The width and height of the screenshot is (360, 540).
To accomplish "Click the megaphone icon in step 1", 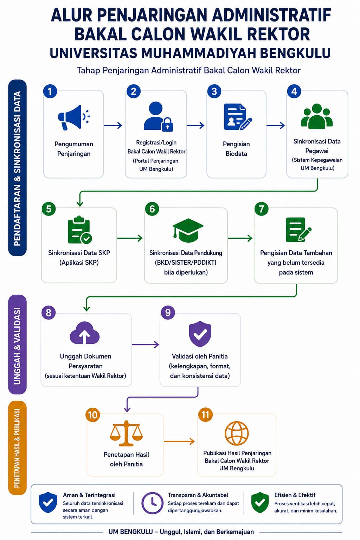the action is point(74,117).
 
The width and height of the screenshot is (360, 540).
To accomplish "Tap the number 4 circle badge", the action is point(294,91).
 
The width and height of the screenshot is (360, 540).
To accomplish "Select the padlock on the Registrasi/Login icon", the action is point(167,124).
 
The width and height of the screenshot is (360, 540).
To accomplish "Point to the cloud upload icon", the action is point(85,333).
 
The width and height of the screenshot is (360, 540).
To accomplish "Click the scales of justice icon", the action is point(126,433).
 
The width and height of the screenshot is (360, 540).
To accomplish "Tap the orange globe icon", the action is point(237,433).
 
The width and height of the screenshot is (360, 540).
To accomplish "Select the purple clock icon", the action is point(152,503).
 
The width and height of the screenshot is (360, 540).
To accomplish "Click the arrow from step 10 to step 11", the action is point(179,442).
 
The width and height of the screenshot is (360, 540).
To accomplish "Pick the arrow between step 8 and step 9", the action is point(146,345).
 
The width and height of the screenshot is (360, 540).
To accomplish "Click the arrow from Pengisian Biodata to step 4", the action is point(276,126).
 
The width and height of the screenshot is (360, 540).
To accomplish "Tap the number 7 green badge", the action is point(261,209).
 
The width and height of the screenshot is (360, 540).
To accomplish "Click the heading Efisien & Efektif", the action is point(295,495).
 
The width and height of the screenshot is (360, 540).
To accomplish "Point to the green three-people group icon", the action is point(317,116).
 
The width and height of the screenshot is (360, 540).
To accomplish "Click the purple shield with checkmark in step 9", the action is point(200,334).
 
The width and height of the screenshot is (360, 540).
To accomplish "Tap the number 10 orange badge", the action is point(92,415).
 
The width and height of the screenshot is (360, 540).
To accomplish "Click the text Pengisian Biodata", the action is point(236,149).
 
